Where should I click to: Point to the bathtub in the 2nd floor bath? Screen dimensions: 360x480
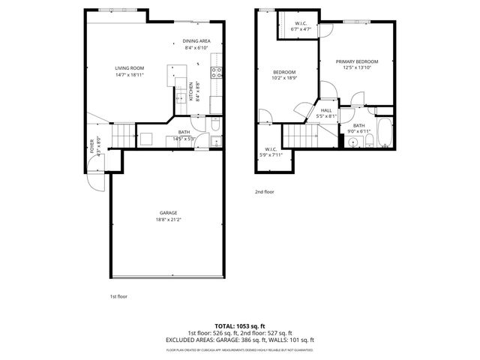(x=384, y=132)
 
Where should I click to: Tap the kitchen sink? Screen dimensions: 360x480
(x=180, y=97)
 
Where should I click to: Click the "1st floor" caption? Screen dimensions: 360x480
(x=118, y=297)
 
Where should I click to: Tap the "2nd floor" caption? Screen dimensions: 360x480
(x=264, y=192)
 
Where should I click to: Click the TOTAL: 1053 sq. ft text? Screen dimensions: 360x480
(x=240, y=326)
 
